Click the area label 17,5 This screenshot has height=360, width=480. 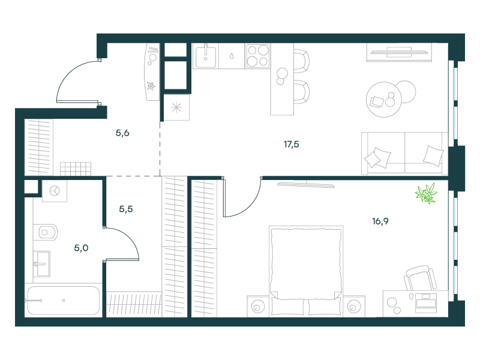point(291,144)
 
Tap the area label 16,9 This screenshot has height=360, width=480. point(380,221)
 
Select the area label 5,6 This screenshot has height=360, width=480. point(122,133)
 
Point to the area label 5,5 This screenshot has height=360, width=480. point(126,209)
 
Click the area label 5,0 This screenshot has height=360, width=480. point(81,248)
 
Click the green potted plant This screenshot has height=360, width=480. point(426,193)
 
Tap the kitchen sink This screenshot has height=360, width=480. point(206,56)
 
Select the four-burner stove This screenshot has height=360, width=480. point(258,56)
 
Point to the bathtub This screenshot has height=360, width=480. point(64,301)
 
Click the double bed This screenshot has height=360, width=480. point(306,271)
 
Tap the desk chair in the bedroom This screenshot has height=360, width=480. point(419,278)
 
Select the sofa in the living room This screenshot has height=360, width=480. point(404,154)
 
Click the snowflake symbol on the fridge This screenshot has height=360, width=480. point(176,107)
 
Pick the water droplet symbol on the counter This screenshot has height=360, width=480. point(232,56)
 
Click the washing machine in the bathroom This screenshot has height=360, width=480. point(55,191)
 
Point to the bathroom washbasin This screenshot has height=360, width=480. point(41,264)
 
